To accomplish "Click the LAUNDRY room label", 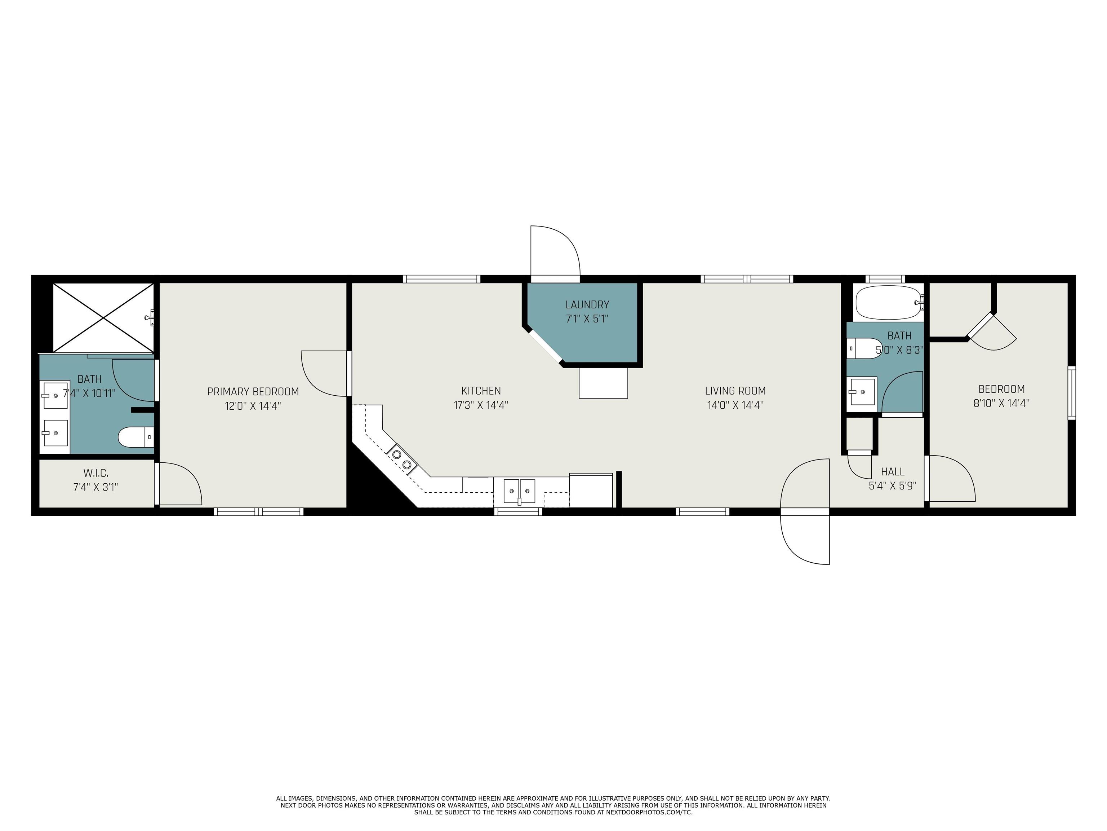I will pos(587,304).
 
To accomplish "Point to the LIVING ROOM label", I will pos(735,391).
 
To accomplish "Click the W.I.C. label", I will pos(95,473).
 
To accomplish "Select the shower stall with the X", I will pos(103,317).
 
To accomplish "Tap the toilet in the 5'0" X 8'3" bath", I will pos(864,348).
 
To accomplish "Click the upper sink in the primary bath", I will pos(54,396).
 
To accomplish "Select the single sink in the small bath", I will pos(862,392).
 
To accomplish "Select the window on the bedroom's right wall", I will pos(1071,393).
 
